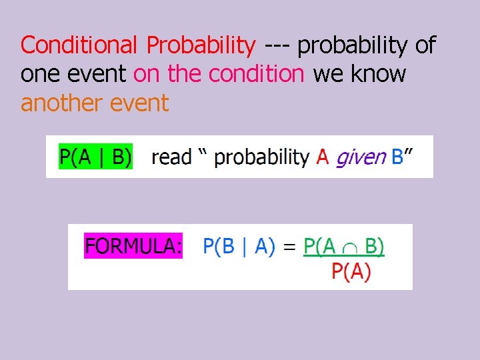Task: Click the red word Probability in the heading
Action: (201, 45)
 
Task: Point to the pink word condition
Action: (257, 74)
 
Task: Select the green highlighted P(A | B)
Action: (96, 157)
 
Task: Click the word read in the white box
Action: (171, 157)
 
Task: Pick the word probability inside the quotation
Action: (262, 157)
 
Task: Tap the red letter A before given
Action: (323, 157)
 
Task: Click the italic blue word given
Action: (361, 157)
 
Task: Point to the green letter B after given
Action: (397, 157)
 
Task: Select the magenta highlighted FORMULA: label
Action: (133, 246)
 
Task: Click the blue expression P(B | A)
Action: (239, 246)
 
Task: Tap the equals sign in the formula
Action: (289, 246)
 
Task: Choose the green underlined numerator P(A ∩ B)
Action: (344, 246)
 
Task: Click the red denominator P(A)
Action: (351, 272)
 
